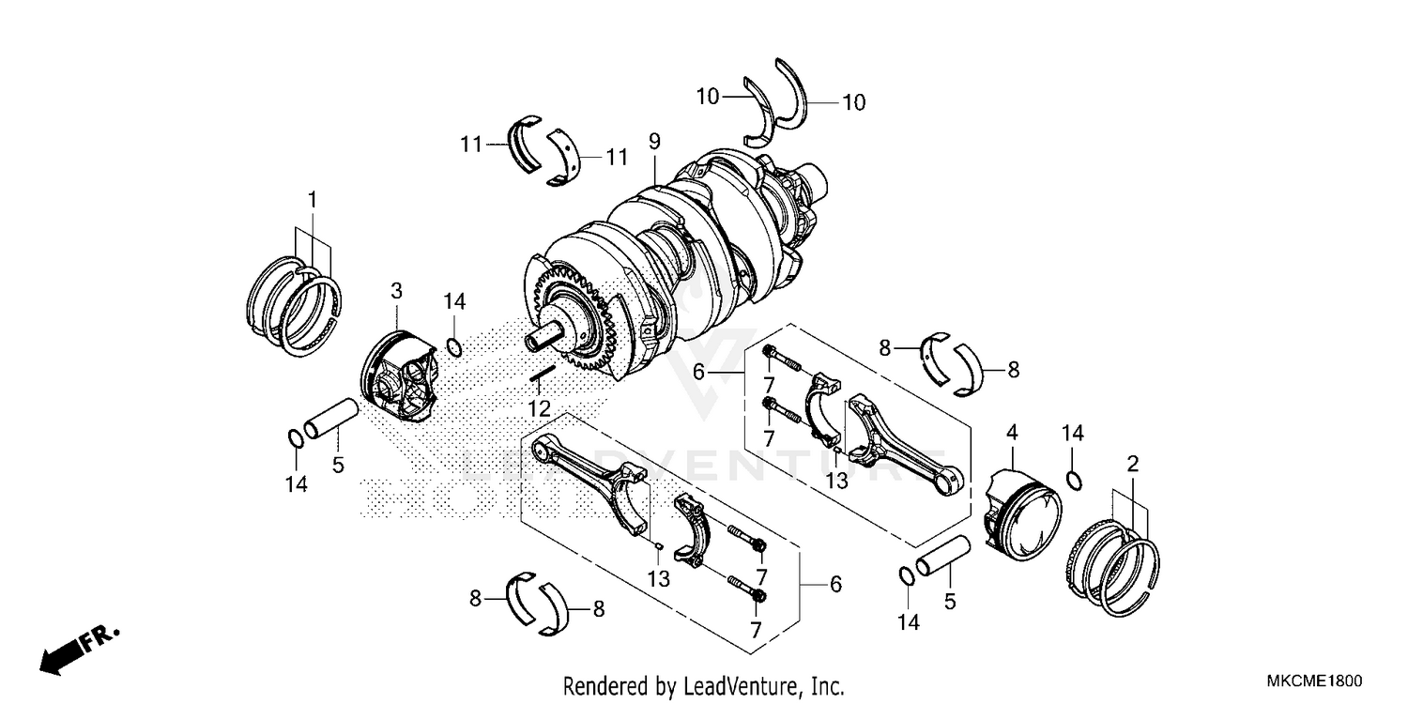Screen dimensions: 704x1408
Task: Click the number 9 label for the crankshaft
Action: (x=654, y=142)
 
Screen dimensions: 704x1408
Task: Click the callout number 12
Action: (x=538, y=408)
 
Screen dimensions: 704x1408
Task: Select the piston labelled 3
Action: (x=400, y=376)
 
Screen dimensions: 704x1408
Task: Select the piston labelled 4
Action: (x=1023, y=513)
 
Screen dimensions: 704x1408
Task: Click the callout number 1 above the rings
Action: (x=312, y=200)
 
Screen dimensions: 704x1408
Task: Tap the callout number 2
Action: (x=1133, y=463)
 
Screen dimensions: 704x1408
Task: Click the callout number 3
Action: (x=396, y=291)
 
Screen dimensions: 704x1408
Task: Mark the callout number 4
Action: (x=1011, y=433)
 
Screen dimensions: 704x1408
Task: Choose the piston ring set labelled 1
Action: (x=295, y=306)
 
